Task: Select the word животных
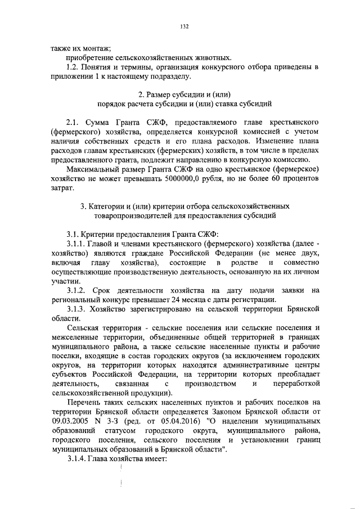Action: tap(211, 57)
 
